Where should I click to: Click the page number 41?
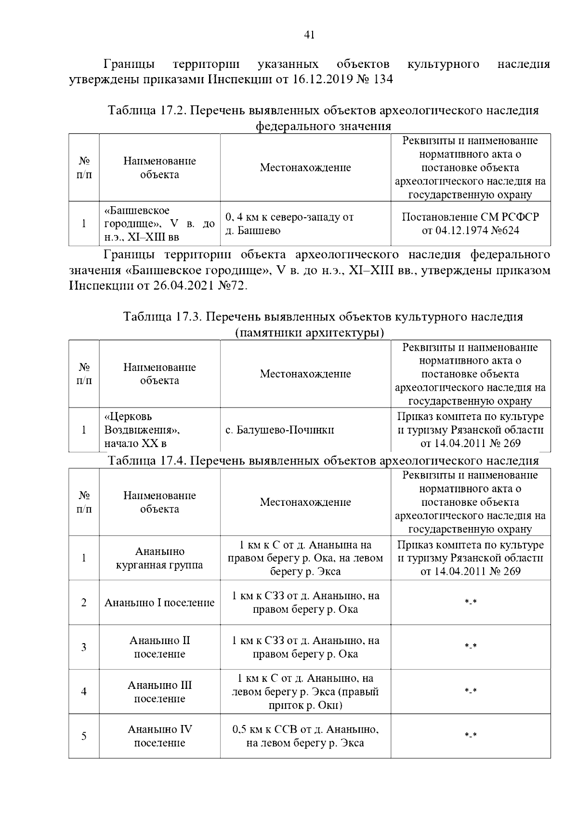[310, 34]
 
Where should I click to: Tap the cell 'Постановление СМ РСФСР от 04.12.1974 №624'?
[470, 223]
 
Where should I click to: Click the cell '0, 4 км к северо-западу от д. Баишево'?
[289, 224]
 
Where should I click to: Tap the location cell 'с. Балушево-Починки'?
[280, 430]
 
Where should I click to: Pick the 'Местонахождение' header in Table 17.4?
[305, 502]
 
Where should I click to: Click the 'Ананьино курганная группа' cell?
[159, 558]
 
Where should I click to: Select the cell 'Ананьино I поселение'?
[159, 603]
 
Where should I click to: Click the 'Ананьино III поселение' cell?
[159, 692]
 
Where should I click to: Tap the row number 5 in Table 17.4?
[84, 736]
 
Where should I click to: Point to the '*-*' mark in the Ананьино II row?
[470, 647]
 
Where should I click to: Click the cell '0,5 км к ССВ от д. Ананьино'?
[305, 736]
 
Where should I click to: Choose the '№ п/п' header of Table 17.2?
[84, 168]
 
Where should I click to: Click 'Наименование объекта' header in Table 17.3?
[159, 374]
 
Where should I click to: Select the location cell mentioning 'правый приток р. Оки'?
[305, 692]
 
